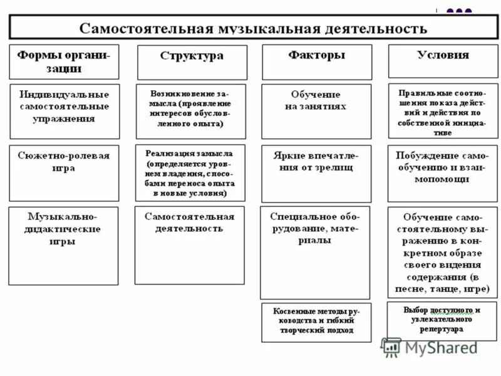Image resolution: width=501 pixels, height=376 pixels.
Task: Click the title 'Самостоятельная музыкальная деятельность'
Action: click(x=253, y=29)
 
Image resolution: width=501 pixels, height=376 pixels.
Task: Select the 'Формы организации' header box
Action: click(x=64, y=61)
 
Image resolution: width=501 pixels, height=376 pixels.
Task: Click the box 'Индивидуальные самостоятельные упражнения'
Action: click(x=65, y=111)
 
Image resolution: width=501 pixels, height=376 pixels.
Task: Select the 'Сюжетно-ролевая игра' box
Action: click(x=64, y=172)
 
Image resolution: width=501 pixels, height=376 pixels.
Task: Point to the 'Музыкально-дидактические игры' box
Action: click(x=63, y=245)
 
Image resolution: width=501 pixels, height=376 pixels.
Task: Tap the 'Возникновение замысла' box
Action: click(x=191, y=110)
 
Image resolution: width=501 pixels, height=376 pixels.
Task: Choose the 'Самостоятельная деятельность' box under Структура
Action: click(x=190, y=244)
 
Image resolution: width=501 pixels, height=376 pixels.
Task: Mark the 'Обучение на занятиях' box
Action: click(x=316, y=111)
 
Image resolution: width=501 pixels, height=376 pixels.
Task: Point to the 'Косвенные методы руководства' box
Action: click(x=316, y=322)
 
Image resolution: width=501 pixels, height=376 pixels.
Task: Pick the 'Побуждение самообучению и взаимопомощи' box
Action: click(x=442, y=172)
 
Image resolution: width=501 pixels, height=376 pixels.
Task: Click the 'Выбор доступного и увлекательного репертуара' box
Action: click(x=442, y=320)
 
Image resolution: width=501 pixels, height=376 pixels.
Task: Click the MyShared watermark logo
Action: click(x=429, y=348)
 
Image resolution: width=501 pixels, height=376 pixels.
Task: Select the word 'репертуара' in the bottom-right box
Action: click(x=442, y=328)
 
